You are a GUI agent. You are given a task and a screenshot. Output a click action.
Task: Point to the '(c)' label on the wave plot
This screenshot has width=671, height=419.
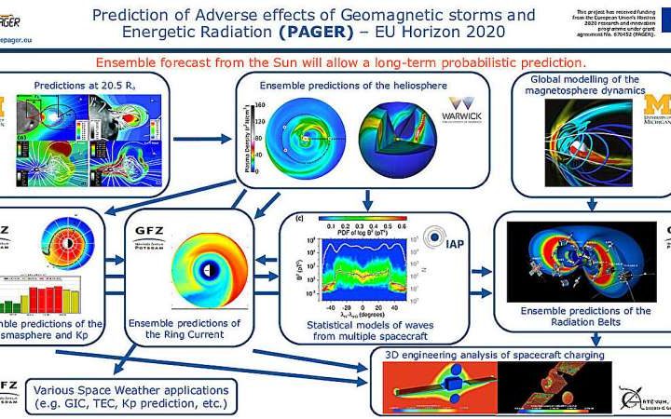click(299, 220)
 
